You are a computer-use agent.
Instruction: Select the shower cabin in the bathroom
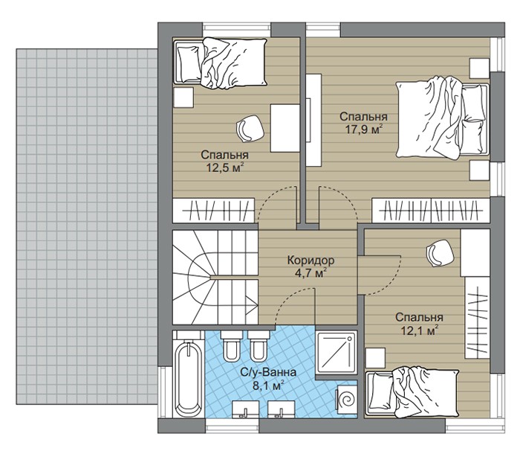336,351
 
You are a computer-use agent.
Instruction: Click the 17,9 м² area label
364,130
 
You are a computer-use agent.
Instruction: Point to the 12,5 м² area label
225,167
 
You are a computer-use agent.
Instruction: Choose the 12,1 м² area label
420,330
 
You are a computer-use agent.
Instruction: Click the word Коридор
311,260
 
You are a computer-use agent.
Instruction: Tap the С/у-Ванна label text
269,372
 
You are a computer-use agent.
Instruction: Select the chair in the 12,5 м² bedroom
250,129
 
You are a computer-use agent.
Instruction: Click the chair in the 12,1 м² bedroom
440,253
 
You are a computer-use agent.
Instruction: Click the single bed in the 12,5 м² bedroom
220,63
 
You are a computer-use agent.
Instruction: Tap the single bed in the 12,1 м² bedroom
412,392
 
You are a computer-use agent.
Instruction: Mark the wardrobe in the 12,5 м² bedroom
214,211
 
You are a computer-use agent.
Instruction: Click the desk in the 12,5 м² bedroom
285,128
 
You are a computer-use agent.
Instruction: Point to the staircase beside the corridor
215,277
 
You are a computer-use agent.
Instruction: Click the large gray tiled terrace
87,227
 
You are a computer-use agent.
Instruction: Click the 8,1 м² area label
269,386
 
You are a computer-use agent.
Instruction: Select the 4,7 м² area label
311,274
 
